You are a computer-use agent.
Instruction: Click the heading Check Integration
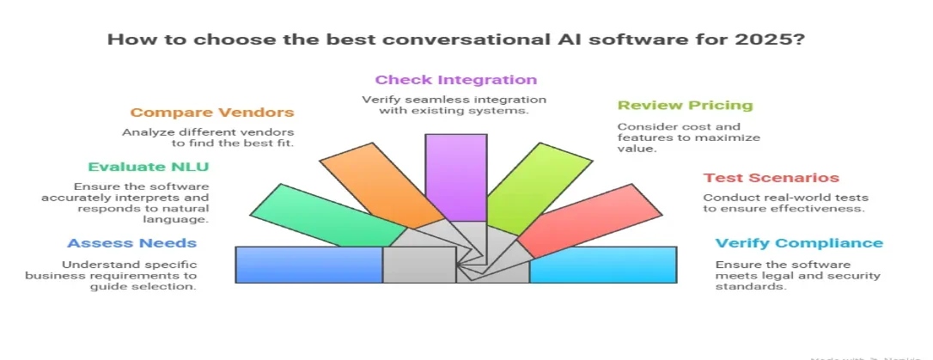(x=455, y=80)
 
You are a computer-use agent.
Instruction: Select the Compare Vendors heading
(x=211, y=113)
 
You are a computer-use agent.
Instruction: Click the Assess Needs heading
(x=132, y=243)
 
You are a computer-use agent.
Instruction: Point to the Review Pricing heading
(x=685, y=106)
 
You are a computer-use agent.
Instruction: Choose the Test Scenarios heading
(x=771, y=178)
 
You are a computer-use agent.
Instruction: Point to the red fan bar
(x=572, y=224)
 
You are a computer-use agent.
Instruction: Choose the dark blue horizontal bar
(x=308, y=265)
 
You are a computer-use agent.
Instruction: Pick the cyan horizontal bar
(x=602, y=265)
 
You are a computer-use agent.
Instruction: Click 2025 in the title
(x=779, y=40)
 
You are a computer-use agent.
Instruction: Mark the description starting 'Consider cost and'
(x=688, y=137)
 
